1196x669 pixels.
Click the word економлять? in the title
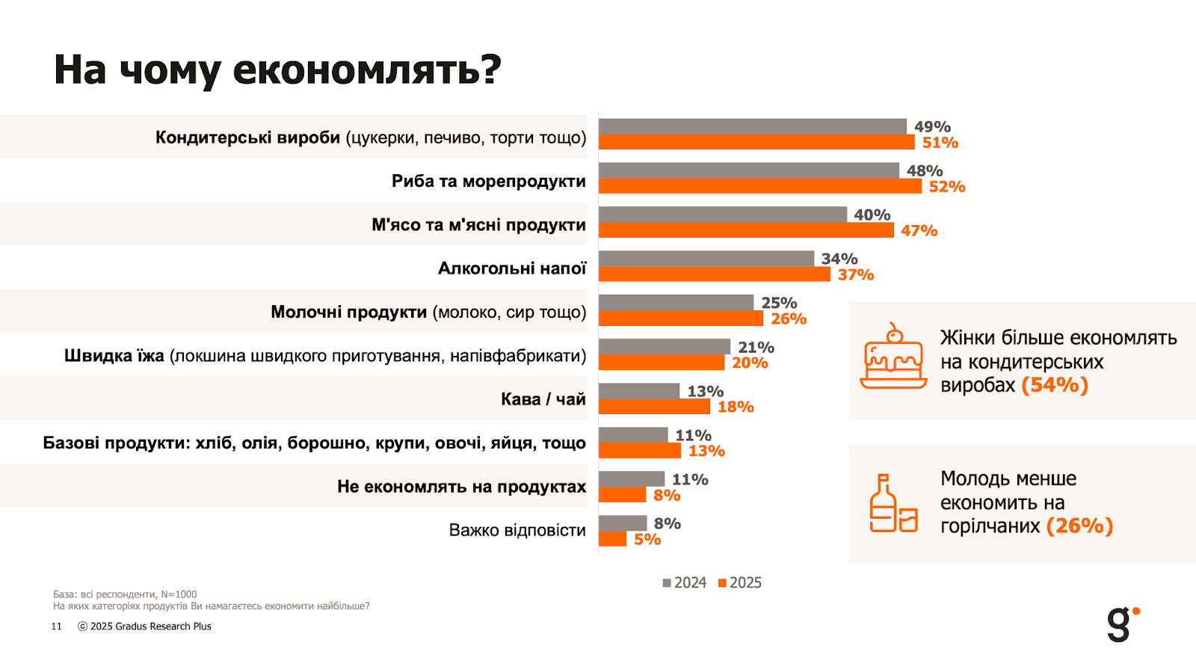(x=366, y=70)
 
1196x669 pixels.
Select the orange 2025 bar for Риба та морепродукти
(x=759, y=186)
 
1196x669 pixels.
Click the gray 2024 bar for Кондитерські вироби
(x=752, y=126)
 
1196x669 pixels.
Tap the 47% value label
(x=919, y=231)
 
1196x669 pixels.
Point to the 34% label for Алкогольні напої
(x=839, y=259)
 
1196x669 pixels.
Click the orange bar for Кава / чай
(x=654, y=407)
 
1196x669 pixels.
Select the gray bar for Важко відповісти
(x=623, y=522)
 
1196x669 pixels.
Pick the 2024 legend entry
(x=684, y=583)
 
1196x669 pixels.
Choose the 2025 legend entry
(x=740, y=583)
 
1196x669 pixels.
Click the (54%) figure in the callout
(x=1054, y=385)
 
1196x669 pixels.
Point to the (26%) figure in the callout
(x=1079, y=526)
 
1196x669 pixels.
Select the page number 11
(x=57, y=626)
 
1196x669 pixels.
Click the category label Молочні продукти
(x=348, y=312)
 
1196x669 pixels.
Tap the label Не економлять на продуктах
(x=461, y=487)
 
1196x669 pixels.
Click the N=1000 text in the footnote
(x=179, y=594)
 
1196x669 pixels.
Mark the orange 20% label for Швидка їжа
(x=750, y=363)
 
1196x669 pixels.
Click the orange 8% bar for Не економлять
(x=622, y=495)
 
